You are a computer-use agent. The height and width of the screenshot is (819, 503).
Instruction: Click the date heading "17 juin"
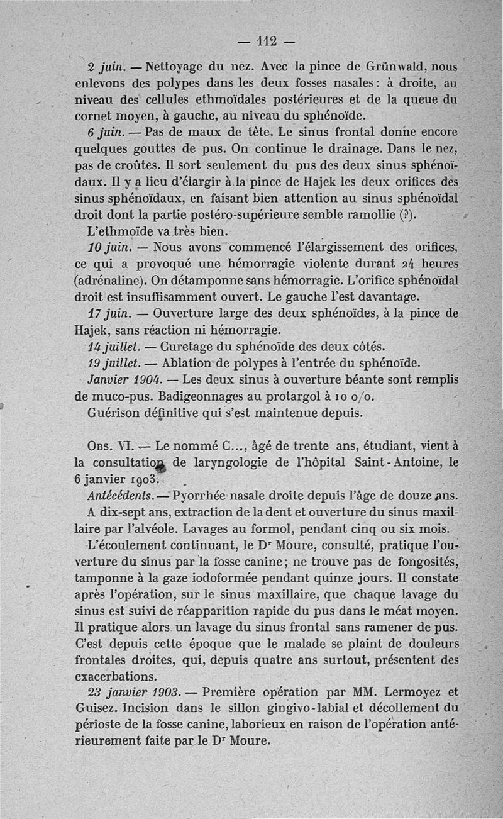[104, 313]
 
